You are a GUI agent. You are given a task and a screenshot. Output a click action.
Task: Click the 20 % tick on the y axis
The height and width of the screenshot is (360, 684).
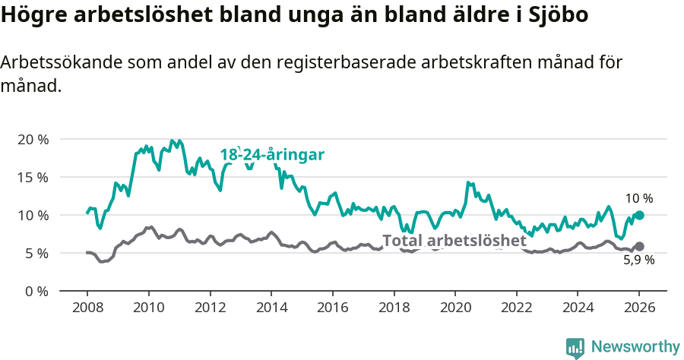click(x=32, y=140)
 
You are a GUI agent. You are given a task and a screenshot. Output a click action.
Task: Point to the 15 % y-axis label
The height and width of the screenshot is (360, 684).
click(x=32, y=178)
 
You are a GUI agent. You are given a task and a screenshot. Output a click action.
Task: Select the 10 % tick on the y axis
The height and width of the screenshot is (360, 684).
click(x=32, y=216)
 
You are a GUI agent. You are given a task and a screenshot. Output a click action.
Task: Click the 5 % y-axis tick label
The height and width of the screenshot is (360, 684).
click(x=35, y=254)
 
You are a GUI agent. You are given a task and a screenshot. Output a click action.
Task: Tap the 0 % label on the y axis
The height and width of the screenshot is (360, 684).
click(x=35, y=292)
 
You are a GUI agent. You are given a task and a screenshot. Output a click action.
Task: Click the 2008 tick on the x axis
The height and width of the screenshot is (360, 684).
click(x=87, y=308)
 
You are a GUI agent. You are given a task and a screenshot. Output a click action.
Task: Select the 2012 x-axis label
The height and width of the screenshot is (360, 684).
click(x=210, y=308)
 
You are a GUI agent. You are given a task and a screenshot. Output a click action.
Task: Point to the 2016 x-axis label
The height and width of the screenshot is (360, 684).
click(x=332, y=308)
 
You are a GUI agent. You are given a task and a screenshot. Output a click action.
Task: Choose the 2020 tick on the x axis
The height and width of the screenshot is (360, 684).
click(x=454, y=308)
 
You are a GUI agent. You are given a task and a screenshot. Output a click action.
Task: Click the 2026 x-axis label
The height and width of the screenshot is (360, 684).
click(x=638, y=308)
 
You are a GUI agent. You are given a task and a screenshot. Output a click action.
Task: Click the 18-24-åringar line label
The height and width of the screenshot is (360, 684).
click(x=272, y=155)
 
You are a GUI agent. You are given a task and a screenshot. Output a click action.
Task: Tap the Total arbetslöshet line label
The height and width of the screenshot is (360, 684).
click(x=454, y=241)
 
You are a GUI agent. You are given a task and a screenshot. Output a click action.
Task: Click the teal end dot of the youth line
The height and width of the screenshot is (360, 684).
click(x=639, y=216)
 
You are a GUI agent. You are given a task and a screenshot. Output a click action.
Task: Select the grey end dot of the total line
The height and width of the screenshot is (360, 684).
click(x=639, y=246)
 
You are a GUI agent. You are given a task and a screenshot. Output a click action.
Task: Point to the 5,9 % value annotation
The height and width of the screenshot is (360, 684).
click(x=638, y=261)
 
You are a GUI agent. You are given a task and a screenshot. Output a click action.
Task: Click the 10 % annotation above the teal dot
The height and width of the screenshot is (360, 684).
click(x=638, y=198)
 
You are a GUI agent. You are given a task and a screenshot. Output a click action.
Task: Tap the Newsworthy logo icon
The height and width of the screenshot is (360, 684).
click(x=575, y=347)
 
